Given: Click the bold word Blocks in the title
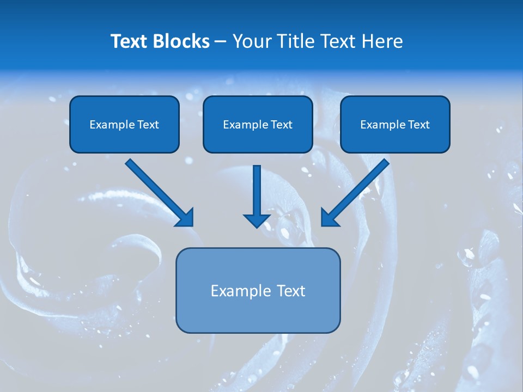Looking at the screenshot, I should [181, 41].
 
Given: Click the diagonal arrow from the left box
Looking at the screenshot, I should [158, 191].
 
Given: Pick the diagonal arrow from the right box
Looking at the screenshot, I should [357, 191].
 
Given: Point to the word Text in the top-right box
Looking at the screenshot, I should [418, 125].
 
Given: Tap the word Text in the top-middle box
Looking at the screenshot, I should [281, 125].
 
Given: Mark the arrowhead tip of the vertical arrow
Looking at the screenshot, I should [257, 226].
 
